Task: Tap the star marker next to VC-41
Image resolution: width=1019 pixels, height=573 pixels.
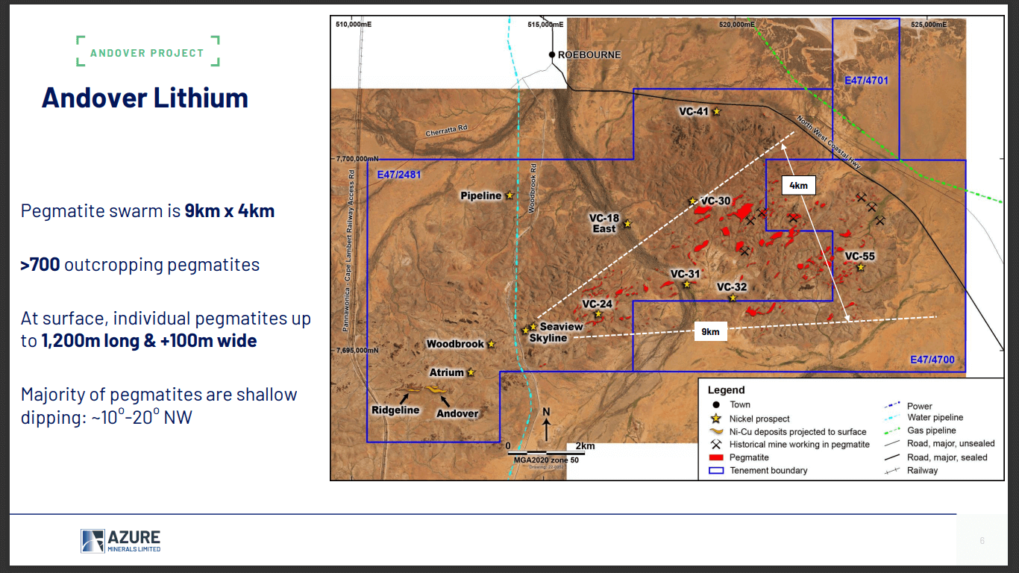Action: coord(717,111)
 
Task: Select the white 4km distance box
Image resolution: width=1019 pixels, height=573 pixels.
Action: coord(798,186)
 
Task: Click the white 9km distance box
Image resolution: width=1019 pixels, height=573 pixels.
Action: coord(710,332)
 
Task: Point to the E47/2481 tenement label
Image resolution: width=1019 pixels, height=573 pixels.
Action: coord(399,175)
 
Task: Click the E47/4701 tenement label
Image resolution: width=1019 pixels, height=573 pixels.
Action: coord(866,80)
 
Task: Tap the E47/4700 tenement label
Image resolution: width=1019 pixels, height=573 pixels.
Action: coord(932,360)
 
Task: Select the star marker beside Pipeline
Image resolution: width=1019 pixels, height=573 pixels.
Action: coord(509,195)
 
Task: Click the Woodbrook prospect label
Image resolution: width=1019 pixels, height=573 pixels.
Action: coord(454,344)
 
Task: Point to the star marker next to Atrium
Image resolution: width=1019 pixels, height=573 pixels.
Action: coord(471,372)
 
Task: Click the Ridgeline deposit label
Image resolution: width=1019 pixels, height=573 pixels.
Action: coord(395,410)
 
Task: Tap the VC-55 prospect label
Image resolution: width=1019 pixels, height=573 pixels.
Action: coord(859,256)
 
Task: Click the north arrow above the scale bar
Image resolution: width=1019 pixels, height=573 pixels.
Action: coord(546,428)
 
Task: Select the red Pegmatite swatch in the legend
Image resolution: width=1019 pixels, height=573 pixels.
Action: coord(715,457)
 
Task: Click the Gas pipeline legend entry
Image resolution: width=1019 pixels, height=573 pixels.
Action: coord(931,430)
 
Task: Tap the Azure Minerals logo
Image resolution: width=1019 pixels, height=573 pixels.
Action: coord(121,541)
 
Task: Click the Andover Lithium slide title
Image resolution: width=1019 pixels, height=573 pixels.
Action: coord(145,98)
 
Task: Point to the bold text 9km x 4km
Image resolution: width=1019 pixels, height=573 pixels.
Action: coord(230,210)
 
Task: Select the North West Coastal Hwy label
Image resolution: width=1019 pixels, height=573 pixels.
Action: coord(830,137)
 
